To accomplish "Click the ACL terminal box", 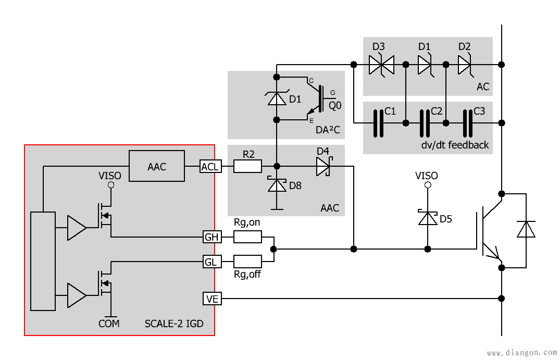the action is [x=210, y=166].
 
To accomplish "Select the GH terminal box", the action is [x=212, y=237].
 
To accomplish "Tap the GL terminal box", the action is [x=212, y=262].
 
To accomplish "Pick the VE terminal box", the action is [x=212, y=299].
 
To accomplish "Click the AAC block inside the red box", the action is [x=157, y=166].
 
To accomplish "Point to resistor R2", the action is [x=247, y=166].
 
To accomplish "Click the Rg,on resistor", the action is [x=247, y=237].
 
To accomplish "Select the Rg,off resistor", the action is [x=247, y=262].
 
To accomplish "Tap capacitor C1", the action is [x=379, y=123].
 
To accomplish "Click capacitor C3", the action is [x=468, y=123].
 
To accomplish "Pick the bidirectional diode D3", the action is [x=381, y=65].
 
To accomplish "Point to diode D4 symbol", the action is [x=324, y=166].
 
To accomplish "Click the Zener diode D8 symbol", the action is [x=277, y=184].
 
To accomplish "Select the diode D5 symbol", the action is [x=428, y=217].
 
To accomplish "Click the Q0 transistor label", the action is [x=335, y=106].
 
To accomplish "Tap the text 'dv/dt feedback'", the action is [x=455, y=145].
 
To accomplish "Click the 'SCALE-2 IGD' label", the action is [x=174, y=324].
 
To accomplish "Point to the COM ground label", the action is [x=109, y=324].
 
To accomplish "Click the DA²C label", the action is [x=328, y=130].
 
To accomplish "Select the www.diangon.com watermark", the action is [x=522, y=353].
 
